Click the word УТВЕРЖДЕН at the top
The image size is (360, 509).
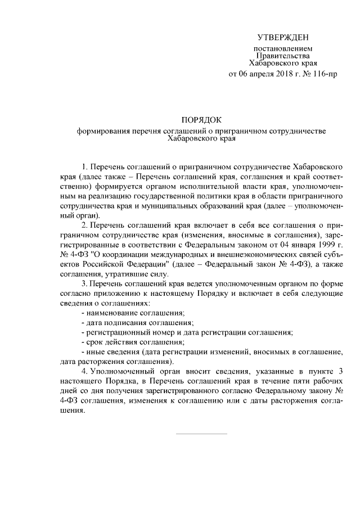[x=283, y=37]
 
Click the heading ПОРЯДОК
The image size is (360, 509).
[x=201, y=120]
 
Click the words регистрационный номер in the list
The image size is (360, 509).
[x=130, y=332]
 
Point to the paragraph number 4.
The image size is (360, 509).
[x=84, y=371]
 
